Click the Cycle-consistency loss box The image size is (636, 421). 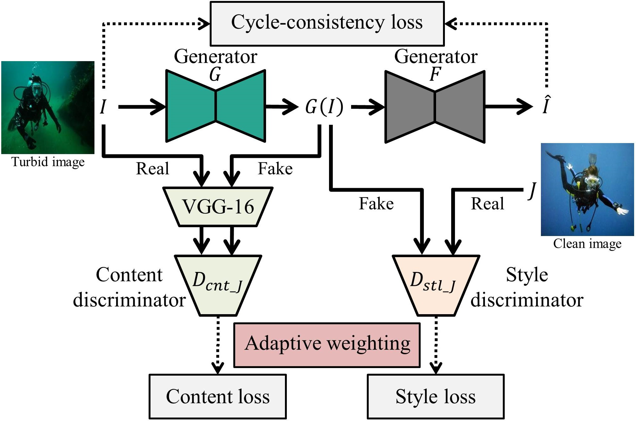[327, 23]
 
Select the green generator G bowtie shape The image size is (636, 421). [215, 106]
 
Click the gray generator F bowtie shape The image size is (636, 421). [434, 107]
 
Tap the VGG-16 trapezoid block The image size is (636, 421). [218, 207]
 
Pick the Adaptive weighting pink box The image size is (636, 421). [327, 345]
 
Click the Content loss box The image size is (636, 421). [218, 396]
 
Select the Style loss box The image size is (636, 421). [435, 396]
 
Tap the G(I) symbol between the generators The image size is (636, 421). [324, 107]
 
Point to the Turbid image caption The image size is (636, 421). [48, 162]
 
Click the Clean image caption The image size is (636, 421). [587, 244]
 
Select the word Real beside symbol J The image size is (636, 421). [487, 204]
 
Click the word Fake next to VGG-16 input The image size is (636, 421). [275, 169]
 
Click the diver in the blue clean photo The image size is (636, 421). [586, 189]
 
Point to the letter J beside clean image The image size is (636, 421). [532, 190]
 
